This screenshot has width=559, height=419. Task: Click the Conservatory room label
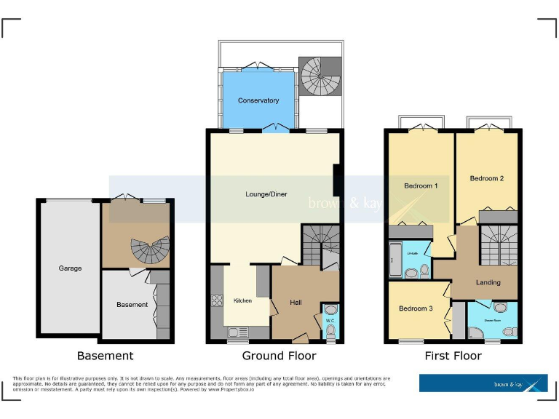pyautogui.click(x=258, y=100)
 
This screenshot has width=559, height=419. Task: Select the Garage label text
pyautogui.click(x=70, y=268)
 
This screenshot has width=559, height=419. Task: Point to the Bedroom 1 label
pyautogui.click(x=421, y=185)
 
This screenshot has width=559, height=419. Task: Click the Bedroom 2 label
pyautogui.click(x=487, y=178)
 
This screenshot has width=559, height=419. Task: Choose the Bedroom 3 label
pyautogui.click(x=416, y=308)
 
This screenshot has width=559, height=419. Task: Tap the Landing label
pyautogui.click(x=488, y=282)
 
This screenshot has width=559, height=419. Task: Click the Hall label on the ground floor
pyautogui.click(x=296, y=302)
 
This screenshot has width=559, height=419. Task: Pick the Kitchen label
pyautogui.click(x=242, y=300)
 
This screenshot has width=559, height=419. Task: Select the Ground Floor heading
pyautogui.click(x=279, y=356)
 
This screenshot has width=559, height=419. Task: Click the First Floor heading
pyautogui.click(x=453, y=356)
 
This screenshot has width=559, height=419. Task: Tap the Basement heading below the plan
pyautogui.click(x=106, y=356)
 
